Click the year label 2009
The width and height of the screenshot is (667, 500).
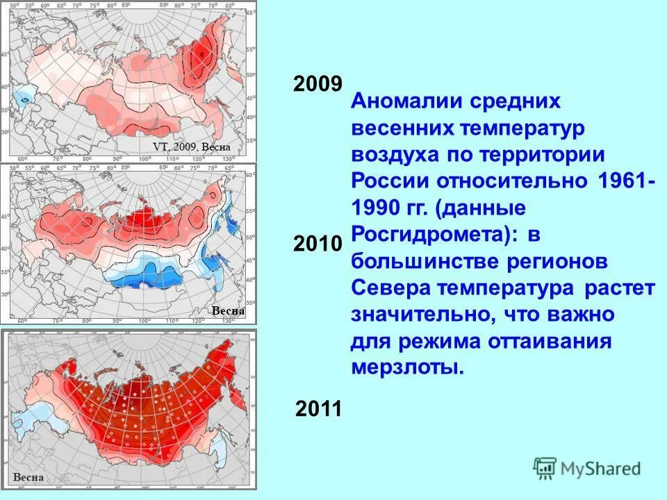(318, 84)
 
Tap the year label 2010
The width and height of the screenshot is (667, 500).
(318, 243)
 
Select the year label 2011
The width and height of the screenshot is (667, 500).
(319, 408)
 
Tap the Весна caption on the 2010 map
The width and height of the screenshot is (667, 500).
(227, 310)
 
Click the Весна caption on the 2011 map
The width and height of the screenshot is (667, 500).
(28, 477)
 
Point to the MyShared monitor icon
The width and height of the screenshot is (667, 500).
(545, 467)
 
